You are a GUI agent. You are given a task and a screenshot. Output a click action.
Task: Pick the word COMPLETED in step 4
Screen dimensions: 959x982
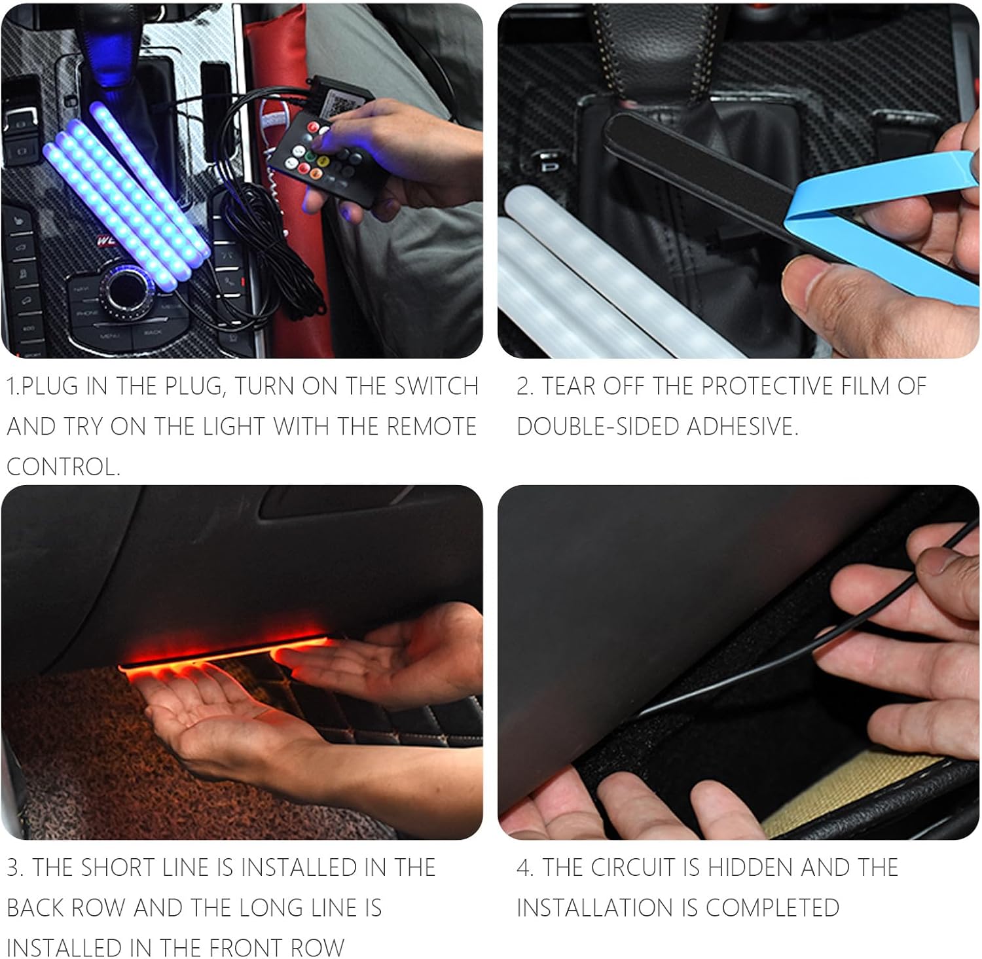(773, 908)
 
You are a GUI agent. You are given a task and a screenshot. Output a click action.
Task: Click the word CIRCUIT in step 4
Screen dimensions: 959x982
(632, 867)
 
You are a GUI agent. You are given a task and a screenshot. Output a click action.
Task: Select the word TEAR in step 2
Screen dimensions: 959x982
(569, 386)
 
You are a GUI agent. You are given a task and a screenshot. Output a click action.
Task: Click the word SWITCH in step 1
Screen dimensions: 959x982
(436, 386)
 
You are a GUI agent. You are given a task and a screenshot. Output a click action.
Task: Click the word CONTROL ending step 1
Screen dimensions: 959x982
(63, 467)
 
